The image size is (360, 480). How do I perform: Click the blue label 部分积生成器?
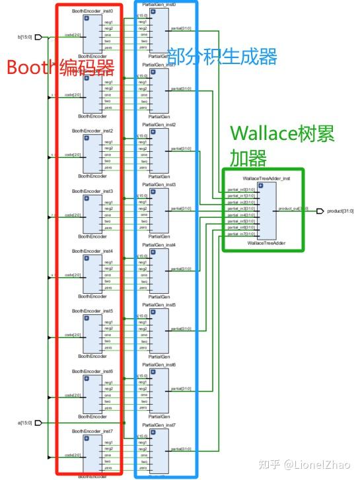pyautogui.click(x=221, y=57)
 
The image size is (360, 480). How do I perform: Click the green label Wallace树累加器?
pyautogui.click(x=282, y=145)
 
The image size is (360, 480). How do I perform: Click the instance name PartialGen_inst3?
pyautogui.click(x=162, y=185)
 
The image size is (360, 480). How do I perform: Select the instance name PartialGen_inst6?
pyautogui.click(x=162, y=364)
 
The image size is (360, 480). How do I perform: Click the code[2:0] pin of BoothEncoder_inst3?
pyautogui.click(x=73, y=215)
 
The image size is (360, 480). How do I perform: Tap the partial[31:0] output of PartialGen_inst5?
pyautogui.click(x=182, y=329)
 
